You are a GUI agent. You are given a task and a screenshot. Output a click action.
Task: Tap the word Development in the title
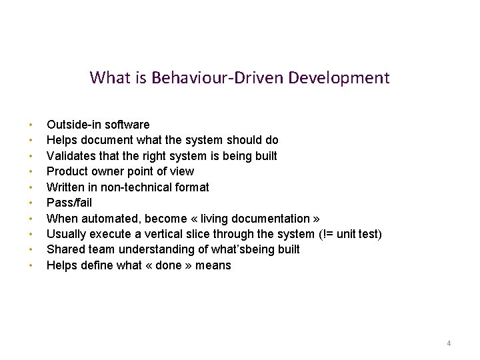(339, 78)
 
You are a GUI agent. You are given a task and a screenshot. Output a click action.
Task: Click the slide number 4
(449, 343)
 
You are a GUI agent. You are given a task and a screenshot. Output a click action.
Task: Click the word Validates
(70, 156)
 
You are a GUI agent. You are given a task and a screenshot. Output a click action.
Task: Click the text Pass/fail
(69, 203)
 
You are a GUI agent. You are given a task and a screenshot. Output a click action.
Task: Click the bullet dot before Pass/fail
(31, 203)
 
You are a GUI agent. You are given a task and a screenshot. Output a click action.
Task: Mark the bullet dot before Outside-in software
(31, 125)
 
